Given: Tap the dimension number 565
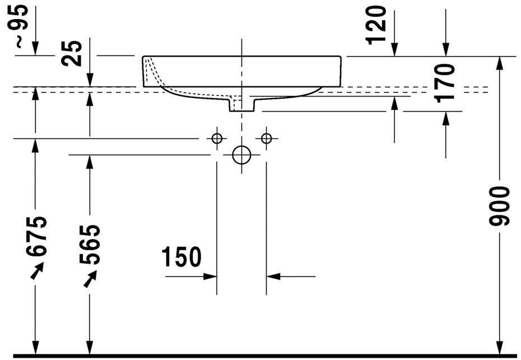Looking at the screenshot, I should (90, 244).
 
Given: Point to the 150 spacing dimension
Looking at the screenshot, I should (181, 257).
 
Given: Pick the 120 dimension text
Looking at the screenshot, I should (376, 24).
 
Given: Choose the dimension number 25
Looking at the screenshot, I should (73, 53).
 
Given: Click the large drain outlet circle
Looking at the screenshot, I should (241, 155).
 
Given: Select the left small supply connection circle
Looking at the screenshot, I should (217, 138).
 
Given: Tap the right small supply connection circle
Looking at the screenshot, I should (266, 138).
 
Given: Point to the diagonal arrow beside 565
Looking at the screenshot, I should (89, 279).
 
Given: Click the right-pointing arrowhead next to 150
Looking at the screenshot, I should (210, 276).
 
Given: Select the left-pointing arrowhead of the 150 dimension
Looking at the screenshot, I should (273, 276).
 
